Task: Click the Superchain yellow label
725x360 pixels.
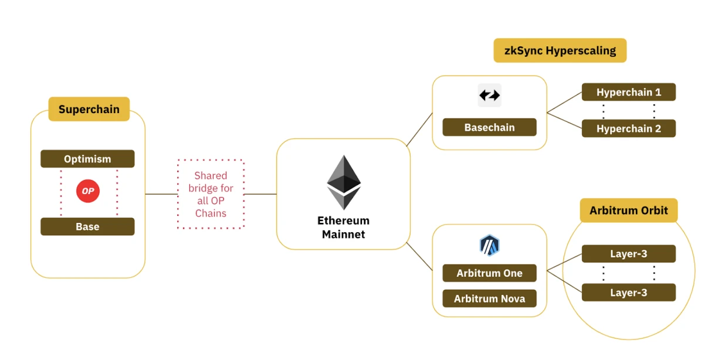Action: point(89,109)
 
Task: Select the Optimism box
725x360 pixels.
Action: point(87,159)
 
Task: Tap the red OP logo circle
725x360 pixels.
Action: point(88,192)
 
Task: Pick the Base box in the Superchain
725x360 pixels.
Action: point(87,227)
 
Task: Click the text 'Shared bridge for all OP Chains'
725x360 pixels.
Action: point(211,194)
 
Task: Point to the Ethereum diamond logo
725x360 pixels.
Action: point(344,182)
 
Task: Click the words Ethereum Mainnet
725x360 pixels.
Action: point(343,227)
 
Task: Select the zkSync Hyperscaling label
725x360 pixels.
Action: point(560,50)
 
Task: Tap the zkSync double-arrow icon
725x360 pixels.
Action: point(489,95)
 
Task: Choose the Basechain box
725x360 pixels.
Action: point(489,127)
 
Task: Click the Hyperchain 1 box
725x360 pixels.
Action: point(628,92)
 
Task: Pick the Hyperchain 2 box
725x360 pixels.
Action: point(628,128)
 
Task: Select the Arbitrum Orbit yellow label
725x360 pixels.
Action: point(628,210)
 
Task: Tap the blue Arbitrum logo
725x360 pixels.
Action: point(489,245)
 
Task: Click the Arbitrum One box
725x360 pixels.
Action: point(489,273)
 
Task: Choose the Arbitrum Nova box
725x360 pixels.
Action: point(489,299)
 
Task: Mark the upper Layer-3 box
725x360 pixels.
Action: point(628,254)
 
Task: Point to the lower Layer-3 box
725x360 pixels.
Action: point(628,293)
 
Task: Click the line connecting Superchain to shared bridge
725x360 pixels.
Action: point(161,194)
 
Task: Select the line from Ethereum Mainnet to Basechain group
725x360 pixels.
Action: point(419,129)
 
